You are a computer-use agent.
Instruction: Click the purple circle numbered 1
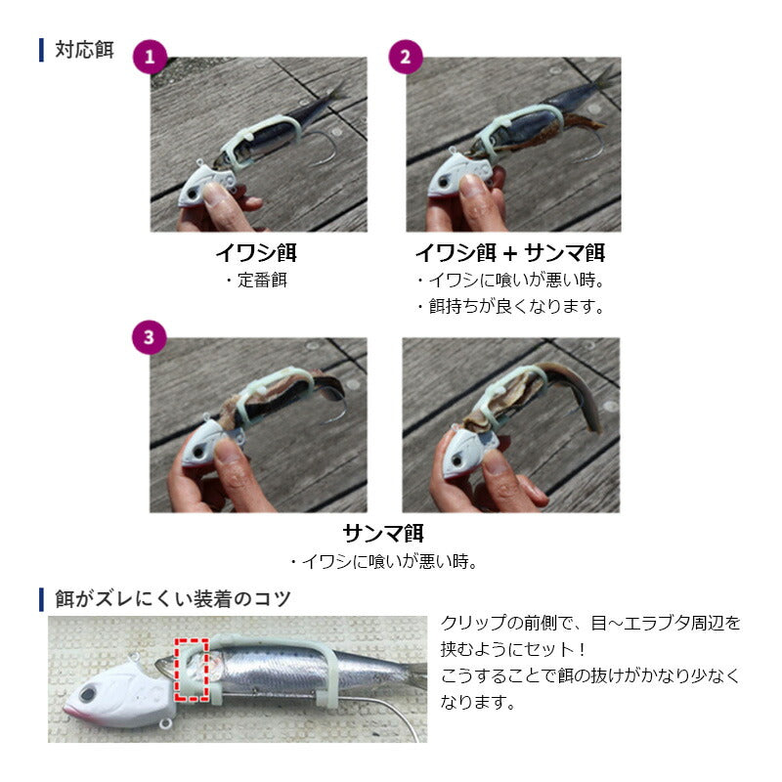click(x=150, y=57)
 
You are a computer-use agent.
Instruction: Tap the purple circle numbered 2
click(x=406, y=57)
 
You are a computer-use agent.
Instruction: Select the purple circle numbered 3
click(x=150, y=337)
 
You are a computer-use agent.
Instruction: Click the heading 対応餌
click(x=84, y=50)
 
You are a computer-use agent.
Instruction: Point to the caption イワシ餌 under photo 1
click(x=256, y=253)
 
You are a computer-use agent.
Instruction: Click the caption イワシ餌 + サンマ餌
click(x=510, y=253)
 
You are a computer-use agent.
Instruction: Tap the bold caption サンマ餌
click(x=383, y=533)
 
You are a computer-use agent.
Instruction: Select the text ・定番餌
click(x=256, y=281)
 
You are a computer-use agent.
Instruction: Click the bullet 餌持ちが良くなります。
click(x=510, y=306)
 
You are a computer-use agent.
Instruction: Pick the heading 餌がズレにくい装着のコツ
click(x=173, y=598)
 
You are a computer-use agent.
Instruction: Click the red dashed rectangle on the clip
click(x=191, y=670)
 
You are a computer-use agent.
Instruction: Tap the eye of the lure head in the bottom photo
click(x=88, y=694)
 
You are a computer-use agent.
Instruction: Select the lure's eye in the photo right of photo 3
click(x=457, y=459)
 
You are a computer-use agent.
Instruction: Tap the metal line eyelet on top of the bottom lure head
click(x=133, y=657)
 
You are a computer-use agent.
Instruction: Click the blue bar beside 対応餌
click(x=41, y=50)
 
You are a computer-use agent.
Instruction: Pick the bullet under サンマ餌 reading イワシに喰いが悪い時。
click(x=384, y=562)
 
